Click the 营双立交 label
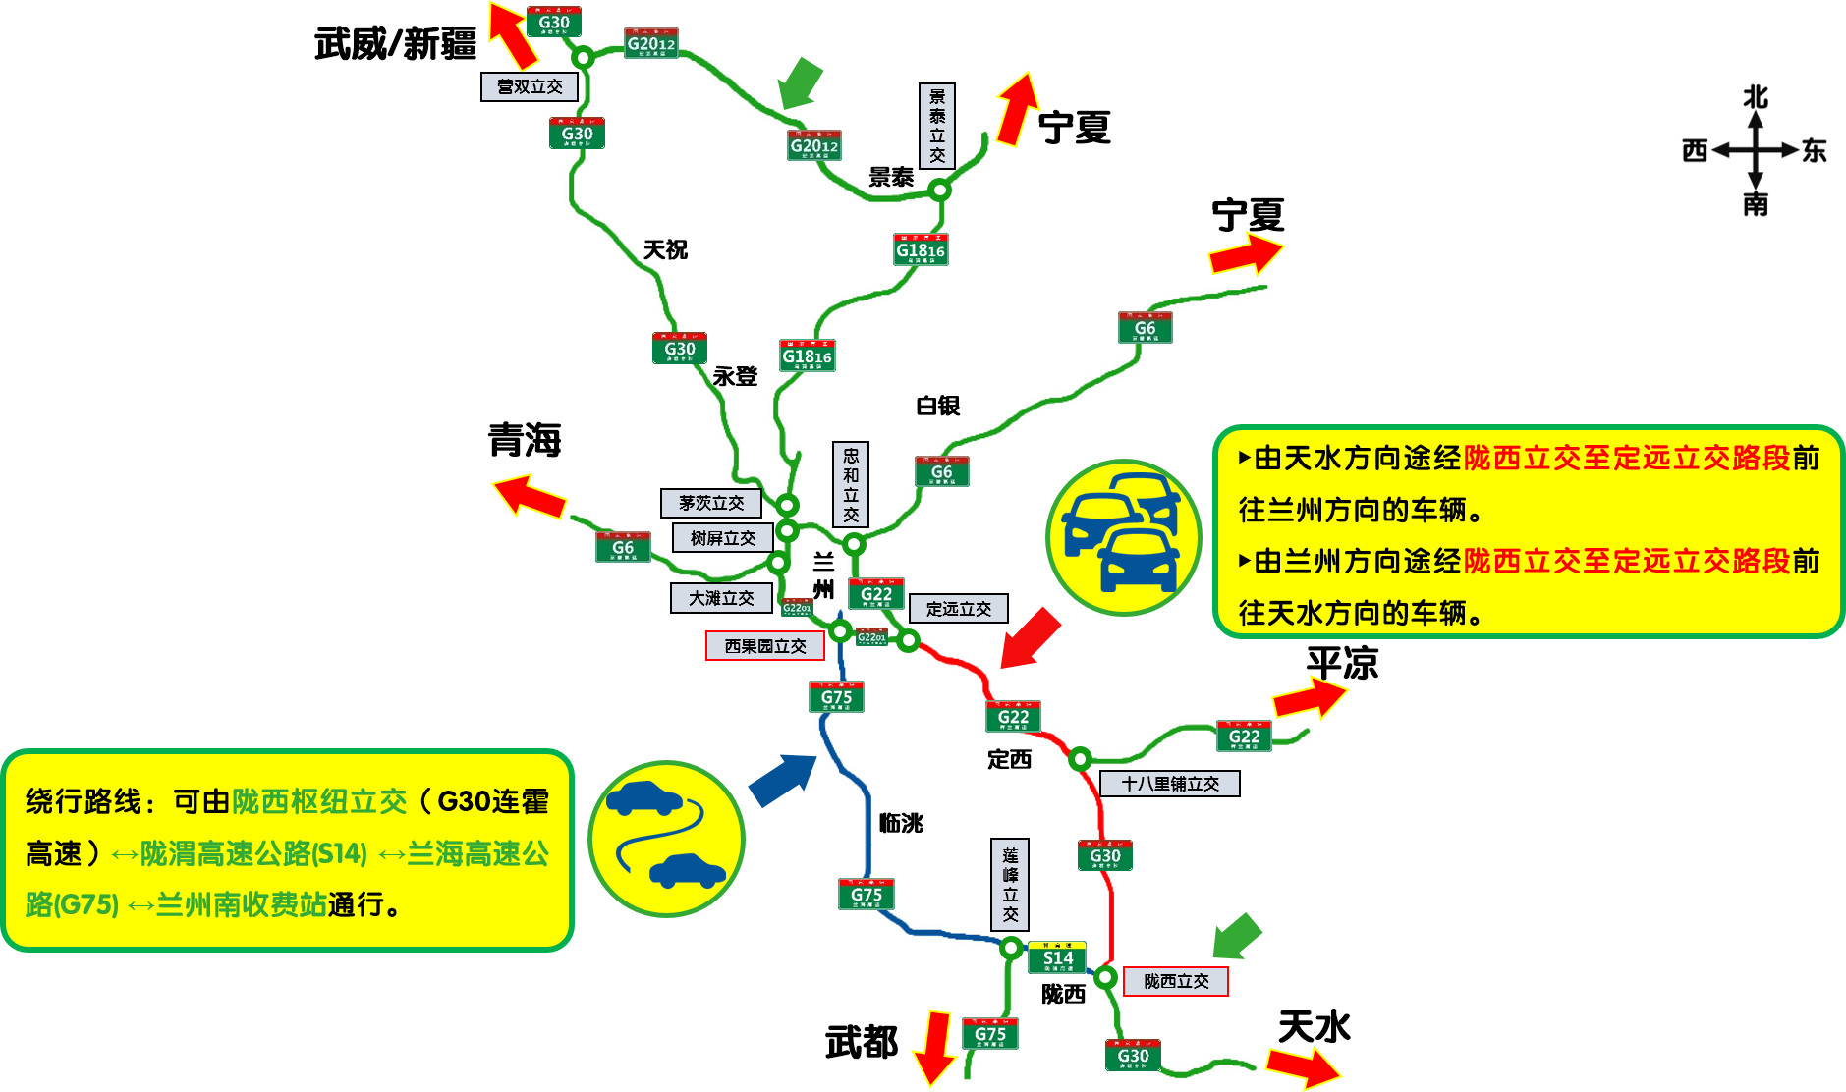[x=529, y=86]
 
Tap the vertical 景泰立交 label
[x=937, y=126]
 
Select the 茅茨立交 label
[x=710, y=503]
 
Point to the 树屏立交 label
[x=722, y=538]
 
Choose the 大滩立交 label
[x=721, y=598]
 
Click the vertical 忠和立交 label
[x=851, y=484]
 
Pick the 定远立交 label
[x=958, y=609]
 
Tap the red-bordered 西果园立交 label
[x=764, y=646]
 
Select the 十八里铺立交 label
[x=1169, y=784]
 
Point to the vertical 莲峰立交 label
[x=1010, y=884]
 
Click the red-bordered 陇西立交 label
[x=1176, y=981]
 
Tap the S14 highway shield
[x=1057, y=957]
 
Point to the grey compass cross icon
[x=1755, y=150]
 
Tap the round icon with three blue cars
[x=1124, y=537]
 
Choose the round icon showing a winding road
[x=666, y=838]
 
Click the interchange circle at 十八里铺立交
[x=1080, y=758]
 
